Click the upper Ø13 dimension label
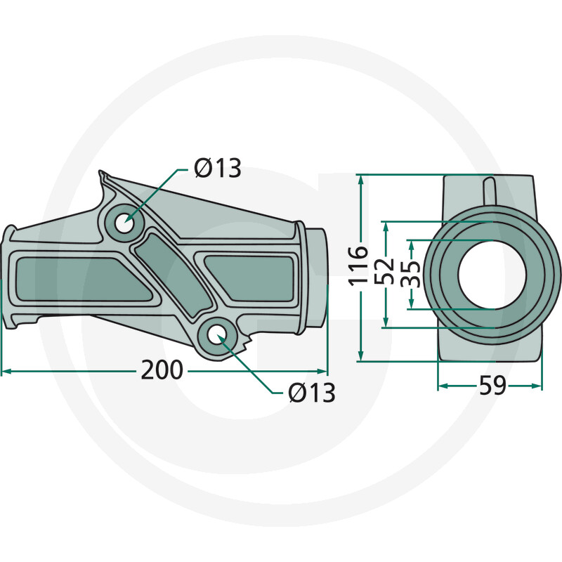(x=218, y=168)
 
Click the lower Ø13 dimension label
(x=311, y=393)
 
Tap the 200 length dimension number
(x=162, y=370)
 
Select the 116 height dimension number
(x=358, y=266)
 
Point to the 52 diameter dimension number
(x=384, y=271)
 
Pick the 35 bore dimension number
(x=410, y=274)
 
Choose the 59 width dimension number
(x=493, y=386)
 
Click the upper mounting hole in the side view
(x=124, y=223)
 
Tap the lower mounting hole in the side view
(x=216, y=334)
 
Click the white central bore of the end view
(x=492, y=274)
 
